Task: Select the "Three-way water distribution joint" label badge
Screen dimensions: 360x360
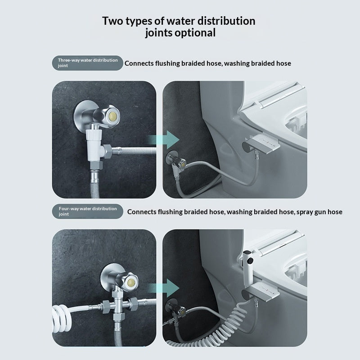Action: (87, 63)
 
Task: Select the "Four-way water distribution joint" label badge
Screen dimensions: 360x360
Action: (87, 211)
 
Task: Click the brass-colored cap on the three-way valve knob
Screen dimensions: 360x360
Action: (112, 115)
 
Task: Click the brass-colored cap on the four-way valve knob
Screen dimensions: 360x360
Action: (131, 282)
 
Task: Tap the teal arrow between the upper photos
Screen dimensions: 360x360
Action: (163, 139)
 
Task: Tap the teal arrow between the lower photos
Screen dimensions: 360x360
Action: (163, 288)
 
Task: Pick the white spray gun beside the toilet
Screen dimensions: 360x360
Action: (247, 267)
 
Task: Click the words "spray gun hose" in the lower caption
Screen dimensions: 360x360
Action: (319, 212)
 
